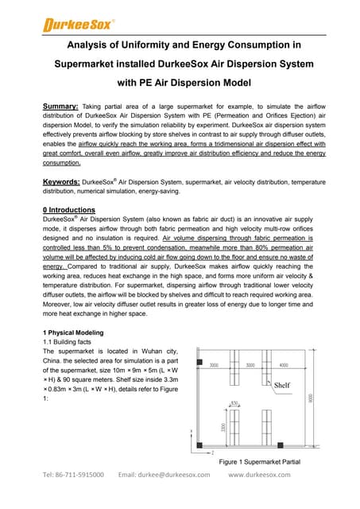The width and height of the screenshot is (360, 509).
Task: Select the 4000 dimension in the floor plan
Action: pos(285,366)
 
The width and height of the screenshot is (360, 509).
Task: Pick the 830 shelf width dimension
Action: pos(234,403)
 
